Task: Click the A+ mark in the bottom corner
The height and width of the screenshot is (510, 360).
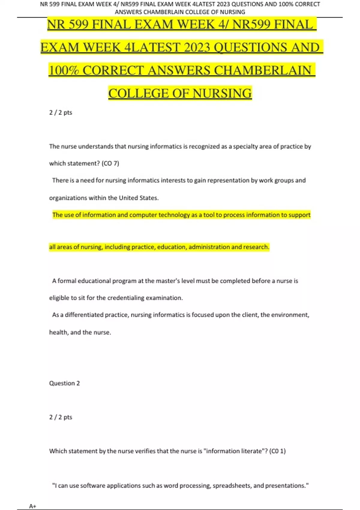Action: click(x=32, y=506)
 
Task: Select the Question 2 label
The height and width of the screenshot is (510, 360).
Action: click(x=64, y=383)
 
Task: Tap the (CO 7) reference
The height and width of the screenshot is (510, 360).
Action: click(x=110, y=163)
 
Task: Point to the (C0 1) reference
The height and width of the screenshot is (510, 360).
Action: click(x=277, y=451)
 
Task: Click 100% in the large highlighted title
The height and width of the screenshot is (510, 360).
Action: click(x=64, y=70)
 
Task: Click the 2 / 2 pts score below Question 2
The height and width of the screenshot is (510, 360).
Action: click(x=61, y=417)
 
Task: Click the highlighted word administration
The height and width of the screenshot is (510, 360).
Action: click(x=209, y=247)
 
